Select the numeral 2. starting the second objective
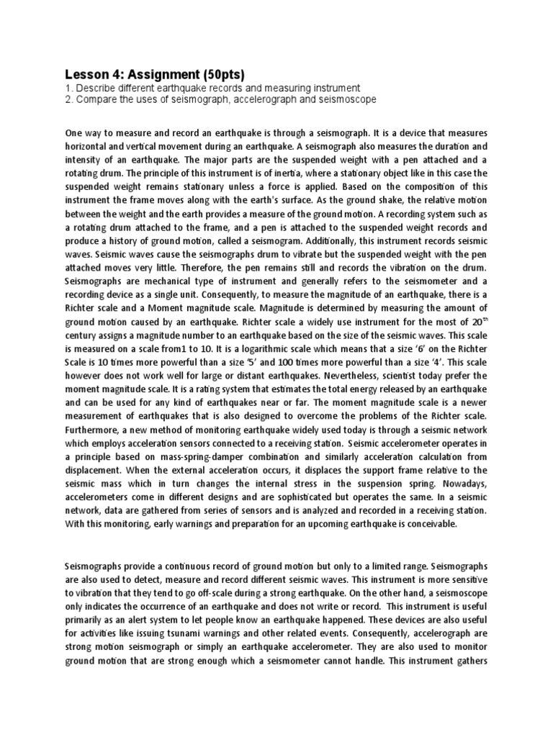pos(68,99)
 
